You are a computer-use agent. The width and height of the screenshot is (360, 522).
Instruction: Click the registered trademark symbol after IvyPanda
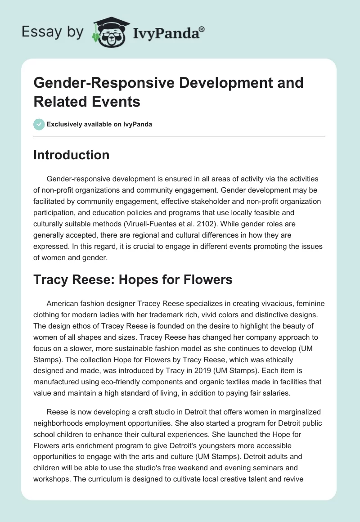pos(202,29)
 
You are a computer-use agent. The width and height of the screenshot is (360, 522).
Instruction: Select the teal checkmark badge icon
pos(39,125)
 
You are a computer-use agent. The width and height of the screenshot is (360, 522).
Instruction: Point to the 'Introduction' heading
pos(71,155)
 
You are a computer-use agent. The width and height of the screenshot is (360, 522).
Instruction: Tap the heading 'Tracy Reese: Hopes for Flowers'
pos(133,280)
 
